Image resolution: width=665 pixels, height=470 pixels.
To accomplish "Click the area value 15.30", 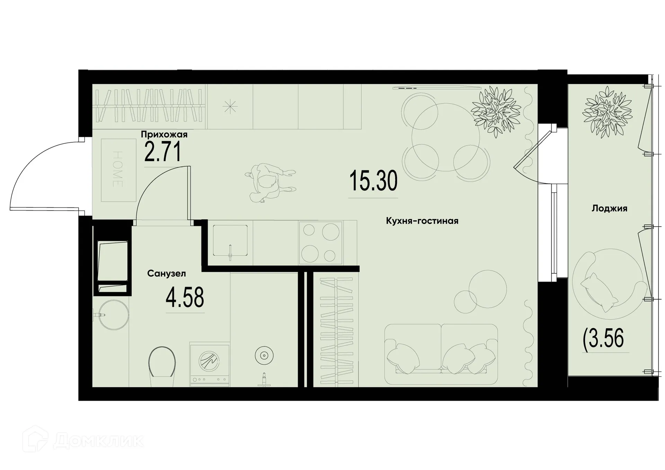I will [373, 181].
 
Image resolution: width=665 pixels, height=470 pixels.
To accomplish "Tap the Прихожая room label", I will [164, 134].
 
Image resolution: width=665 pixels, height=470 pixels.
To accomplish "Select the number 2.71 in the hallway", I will [162, 152].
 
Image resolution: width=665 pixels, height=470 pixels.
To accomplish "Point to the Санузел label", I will [166, 274].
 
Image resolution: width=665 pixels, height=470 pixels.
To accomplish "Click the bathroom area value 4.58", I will [185, 298].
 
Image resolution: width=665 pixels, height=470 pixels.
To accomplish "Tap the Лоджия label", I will [609, 209].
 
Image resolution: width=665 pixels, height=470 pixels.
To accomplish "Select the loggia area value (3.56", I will [603, 338].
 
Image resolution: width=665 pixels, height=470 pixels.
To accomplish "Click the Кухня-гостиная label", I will [422, 221].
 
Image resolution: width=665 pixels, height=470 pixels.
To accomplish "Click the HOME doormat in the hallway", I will [118, 170].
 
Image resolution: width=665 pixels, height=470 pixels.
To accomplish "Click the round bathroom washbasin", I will [114, 315].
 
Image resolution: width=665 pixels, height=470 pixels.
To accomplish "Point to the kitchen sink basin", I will [230, 240].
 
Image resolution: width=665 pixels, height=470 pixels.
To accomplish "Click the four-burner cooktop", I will [320, 242].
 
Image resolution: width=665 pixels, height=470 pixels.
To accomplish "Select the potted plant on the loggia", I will [607, 112].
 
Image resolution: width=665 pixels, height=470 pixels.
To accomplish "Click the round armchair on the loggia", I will [609, 283].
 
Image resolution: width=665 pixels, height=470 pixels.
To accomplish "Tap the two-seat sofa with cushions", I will [441, 354].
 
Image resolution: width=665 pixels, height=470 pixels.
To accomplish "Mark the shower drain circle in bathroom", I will [264, 355].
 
